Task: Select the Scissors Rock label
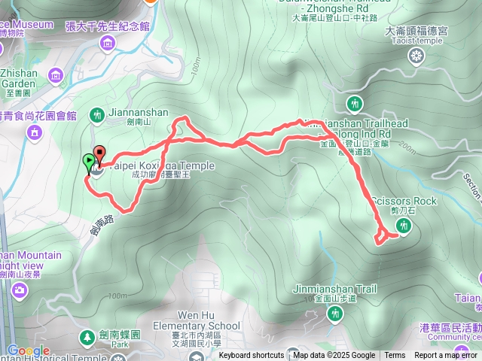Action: coord(403,202)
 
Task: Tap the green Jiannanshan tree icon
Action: coord(96,114)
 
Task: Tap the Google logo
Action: coord(28,351)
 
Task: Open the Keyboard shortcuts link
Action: coord(252,356)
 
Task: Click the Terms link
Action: coord(395,356)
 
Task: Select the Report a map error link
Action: coord(446,356)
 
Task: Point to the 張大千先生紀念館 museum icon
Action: coord(108,43)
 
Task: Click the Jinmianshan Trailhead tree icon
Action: coord(353,102)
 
